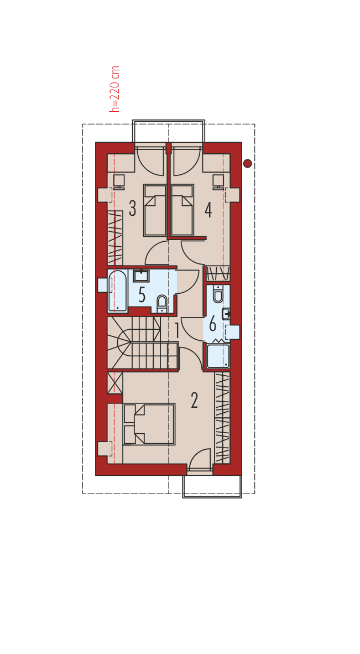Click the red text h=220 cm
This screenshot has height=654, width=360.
[x=115, y=89]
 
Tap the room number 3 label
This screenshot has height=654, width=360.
[x=132, y=209]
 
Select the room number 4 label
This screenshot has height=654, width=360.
[x=208, y=210]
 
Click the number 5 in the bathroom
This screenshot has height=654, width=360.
[x=142, y=295]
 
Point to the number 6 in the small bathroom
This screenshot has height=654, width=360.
[x=212, y=324]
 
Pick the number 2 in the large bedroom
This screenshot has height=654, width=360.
[x=194, y=401]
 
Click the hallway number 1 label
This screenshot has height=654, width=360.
[x=177, y=331]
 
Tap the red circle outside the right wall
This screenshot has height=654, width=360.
[x=248, y=163]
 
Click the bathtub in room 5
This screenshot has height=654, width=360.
[x=117, y=290]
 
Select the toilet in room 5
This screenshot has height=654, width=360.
[x=162, y=303]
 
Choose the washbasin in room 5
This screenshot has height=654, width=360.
[x=142, y=275]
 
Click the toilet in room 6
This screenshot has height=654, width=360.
[x=218, y=294]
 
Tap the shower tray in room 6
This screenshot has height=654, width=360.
[x=218, y=356]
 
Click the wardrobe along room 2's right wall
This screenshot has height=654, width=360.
[x=222, y=417]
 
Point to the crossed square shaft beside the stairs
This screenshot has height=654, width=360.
[x=114, y=383]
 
